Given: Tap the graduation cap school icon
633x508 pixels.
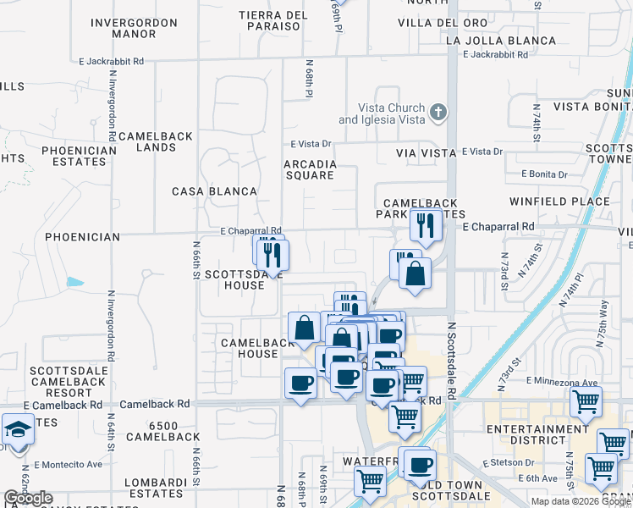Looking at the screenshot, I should click(18, 429).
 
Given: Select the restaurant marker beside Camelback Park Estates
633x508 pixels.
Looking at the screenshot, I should click(425, 225).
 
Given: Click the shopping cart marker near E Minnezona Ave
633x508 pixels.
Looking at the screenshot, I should click(586, 404).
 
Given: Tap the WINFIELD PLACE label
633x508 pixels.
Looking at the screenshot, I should click(559, 202).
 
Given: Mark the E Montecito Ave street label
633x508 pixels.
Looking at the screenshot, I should click(72, 465).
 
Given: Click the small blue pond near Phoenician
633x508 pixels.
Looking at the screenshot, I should click(75, 281).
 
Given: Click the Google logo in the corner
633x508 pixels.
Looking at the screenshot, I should click(28, 499).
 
